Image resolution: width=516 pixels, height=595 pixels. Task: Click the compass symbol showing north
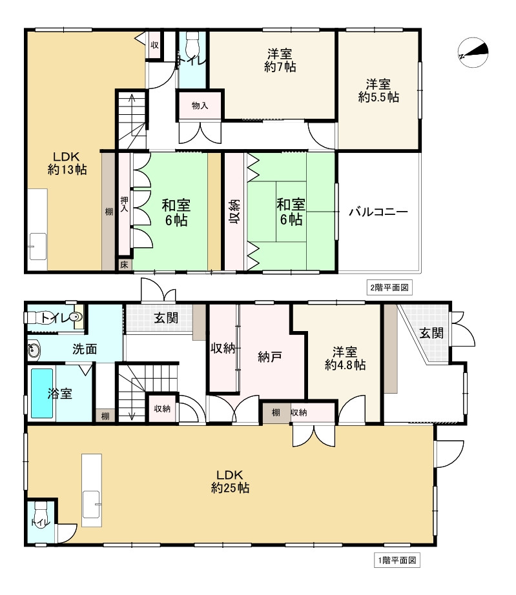pyautogui.click(x=473, y=53)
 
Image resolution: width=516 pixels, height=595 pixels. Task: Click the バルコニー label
pyautogui.click(x=378, y=212)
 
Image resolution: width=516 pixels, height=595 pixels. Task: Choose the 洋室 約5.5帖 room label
pyautogui.click(x=378, y=90)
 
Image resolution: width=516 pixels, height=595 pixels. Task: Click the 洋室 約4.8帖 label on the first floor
pyautogui.click(x=345, y=358)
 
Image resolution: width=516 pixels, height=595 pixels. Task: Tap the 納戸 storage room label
pyautogui.click(x=267, y=357)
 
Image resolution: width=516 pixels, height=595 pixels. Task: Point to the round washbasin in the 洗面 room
pyautogui.click(x=34, y=350)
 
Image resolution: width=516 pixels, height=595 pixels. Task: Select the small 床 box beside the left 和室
pyautogui.click(x=124, y=265)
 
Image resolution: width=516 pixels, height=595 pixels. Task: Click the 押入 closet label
pyautogui.click(x=124, y=205)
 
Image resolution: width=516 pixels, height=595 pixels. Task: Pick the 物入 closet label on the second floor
pyautogui.click(x=200, y=106)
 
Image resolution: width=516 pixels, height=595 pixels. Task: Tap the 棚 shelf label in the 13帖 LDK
pyautogui.click(x=108, y=211)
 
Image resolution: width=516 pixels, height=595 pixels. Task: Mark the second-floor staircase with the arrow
pyautogui.click(x=132, y=120)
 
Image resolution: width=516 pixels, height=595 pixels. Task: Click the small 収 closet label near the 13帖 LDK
pyautogui.click(x=155, y=45)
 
